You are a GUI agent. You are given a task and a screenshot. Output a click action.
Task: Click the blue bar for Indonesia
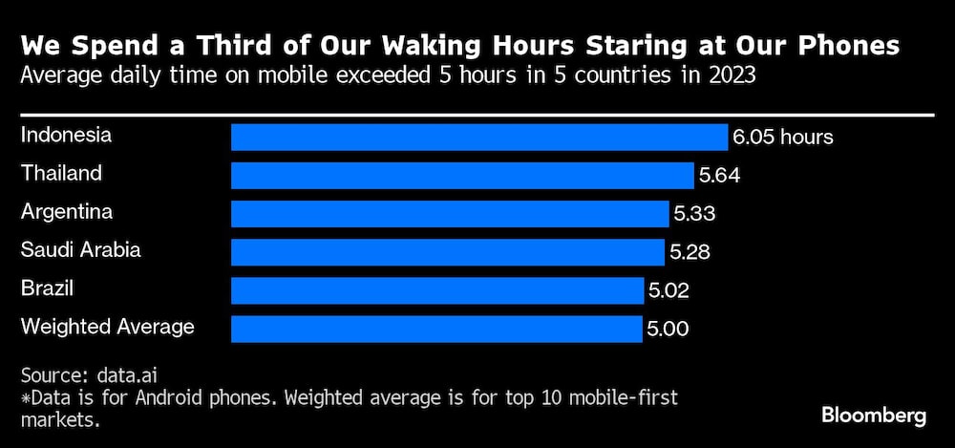pos(478,137)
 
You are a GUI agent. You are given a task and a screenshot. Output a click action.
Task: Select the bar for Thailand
pos(462,176)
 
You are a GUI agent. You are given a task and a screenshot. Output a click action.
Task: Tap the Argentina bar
pos(450,213)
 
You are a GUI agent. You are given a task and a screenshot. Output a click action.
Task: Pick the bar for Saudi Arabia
pos(447,252)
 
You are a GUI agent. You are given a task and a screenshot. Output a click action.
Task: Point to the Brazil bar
pos(437,290)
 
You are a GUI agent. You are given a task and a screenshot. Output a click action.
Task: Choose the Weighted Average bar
pos(436,329)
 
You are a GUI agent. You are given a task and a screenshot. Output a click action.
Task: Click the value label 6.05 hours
pos(783,138)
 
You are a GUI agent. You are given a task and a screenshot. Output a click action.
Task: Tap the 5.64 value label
pos(719,176)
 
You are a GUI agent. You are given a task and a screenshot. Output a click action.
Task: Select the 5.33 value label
pos(694,214)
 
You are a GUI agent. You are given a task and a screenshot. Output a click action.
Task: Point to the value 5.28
pos(689,253)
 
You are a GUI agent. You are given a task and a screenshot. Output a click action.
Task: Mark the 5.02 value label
pos(668,291)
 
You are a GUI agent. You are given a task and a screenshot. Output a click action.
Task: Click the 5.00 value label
pos(668,330)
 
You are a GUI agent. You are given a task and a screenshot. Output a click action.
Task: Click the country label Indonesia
pos(66,135)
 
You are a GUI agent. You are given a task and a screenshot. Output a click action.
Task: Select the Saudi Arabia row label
pos(80,250)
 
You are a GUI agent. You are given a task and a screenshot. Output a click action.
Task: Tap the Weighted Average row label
pos(107,327)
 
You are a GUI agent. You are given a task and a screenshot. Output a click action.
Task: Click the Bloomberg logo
pos(874,416)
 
